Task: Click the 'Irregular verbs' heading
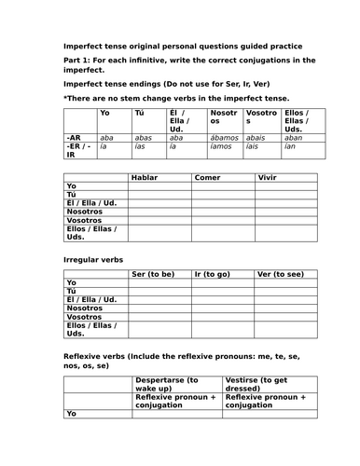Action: (95, 258)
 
